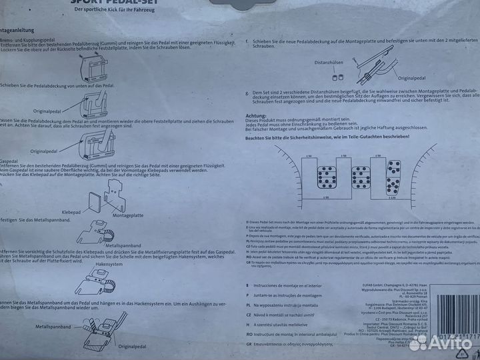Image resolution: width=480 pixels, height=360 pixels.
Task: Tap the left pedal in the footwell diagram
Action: (327, 177)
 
